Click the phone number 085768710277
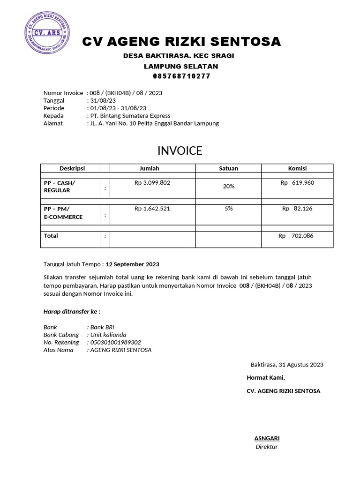[181, 76]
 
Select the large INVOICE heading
[180, 150]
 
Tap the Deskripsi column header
[72, 168]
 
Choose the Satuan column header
[229, 168]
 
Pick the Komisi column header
[297, 168]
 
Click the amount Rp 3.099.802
[152, 183]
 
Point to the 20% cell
[229, 186]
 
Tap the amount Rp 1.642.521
[152, 209]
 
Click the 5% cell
[229, 209]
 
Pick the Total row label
[51, 236]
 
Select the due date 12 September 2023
[133, 264]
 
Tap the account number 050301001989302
[115, 342]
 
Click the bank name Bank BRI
[102, 327]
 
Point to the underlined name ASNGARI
[267, 438]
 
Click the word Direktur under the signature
[267, 447]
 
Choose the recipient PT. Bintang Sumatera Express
[130, 116]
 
